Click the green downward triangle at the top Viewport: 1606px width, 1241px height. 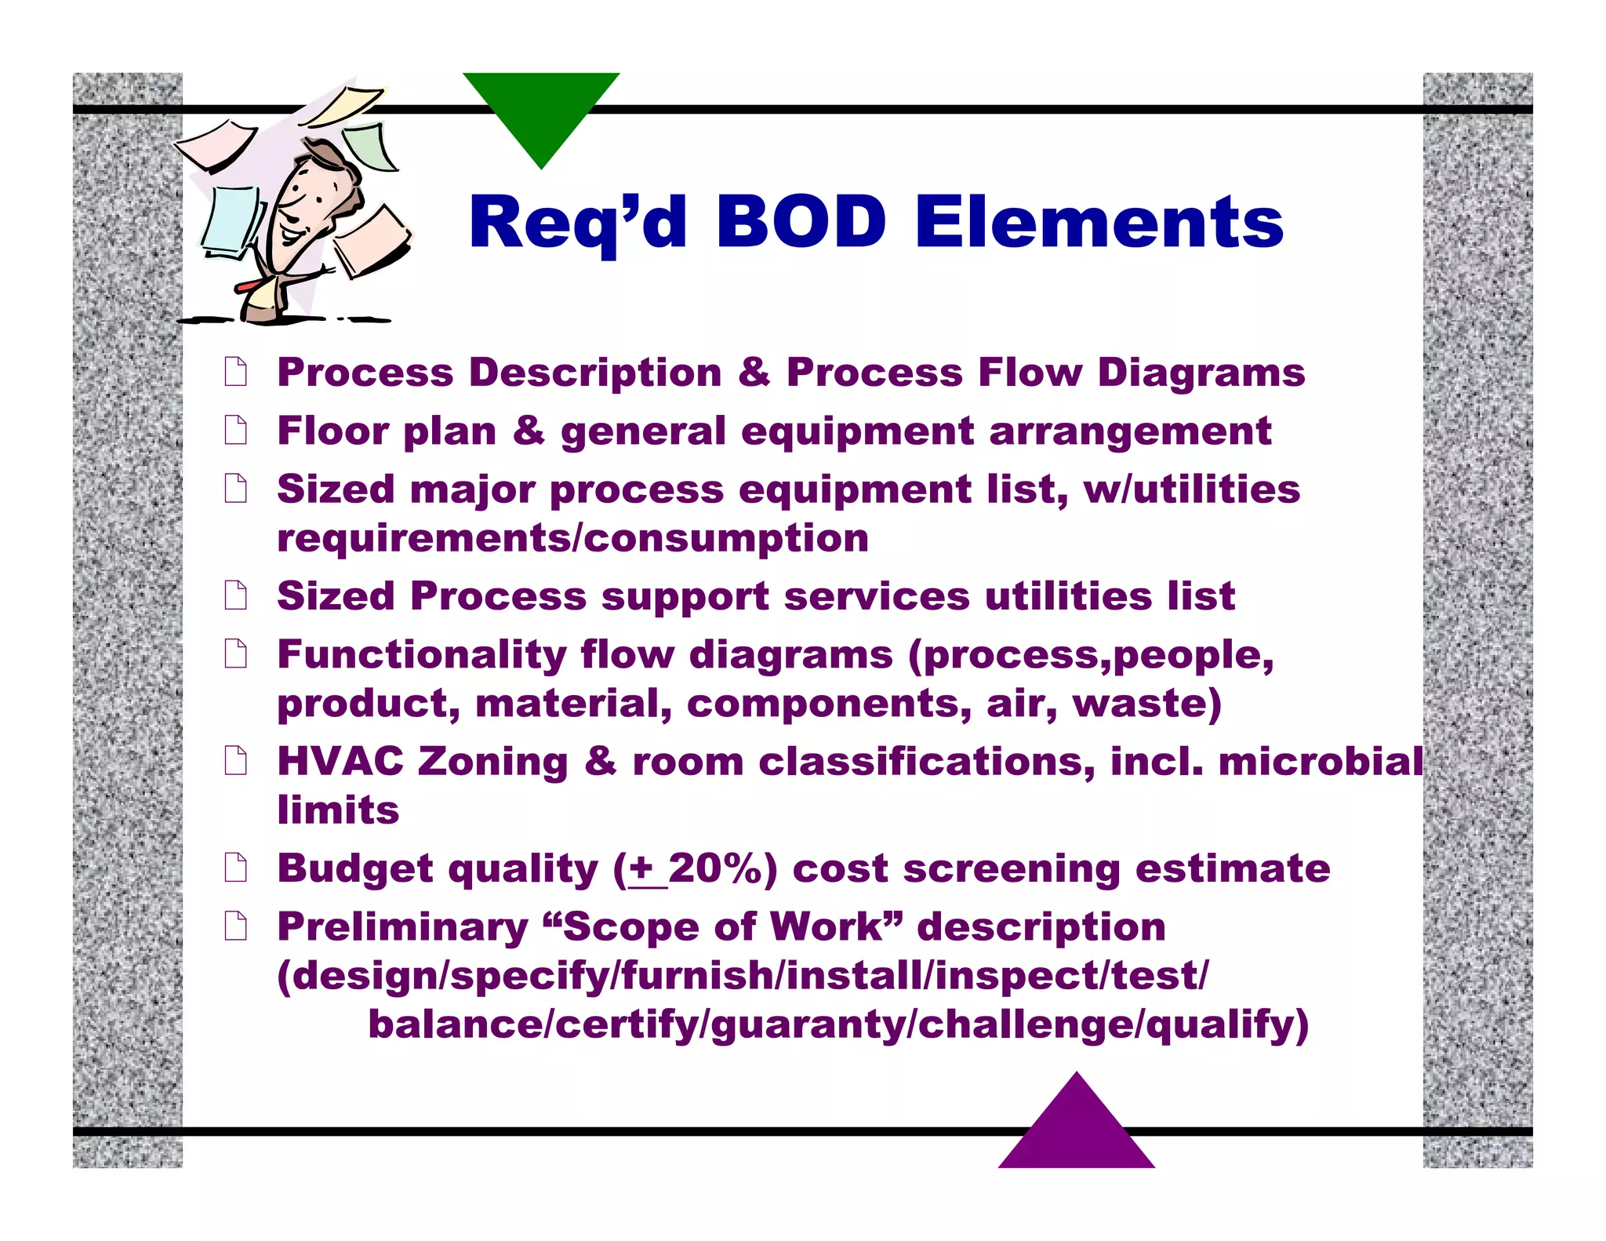(x=541, y=110)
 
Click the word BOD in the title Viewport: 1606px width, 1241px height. (x=801, y=222)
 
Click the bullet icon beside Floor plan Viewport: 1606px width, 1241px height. (x=235, y=430)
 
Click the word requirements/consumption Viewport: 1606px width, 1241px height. (x=572, y=538)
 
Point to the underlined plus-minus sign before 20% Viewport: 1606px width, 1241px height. (x=642, y=868)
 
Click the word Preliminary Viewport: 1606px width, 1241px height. (x=402, y=927)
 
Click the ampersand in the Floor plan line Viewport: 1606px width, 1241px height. (x=529, y=431)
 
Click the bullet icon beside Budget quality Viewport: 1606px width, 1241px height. (x=235, y=868)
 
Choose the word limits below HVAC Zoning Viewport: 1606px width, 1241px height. (x=338, y=810)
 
